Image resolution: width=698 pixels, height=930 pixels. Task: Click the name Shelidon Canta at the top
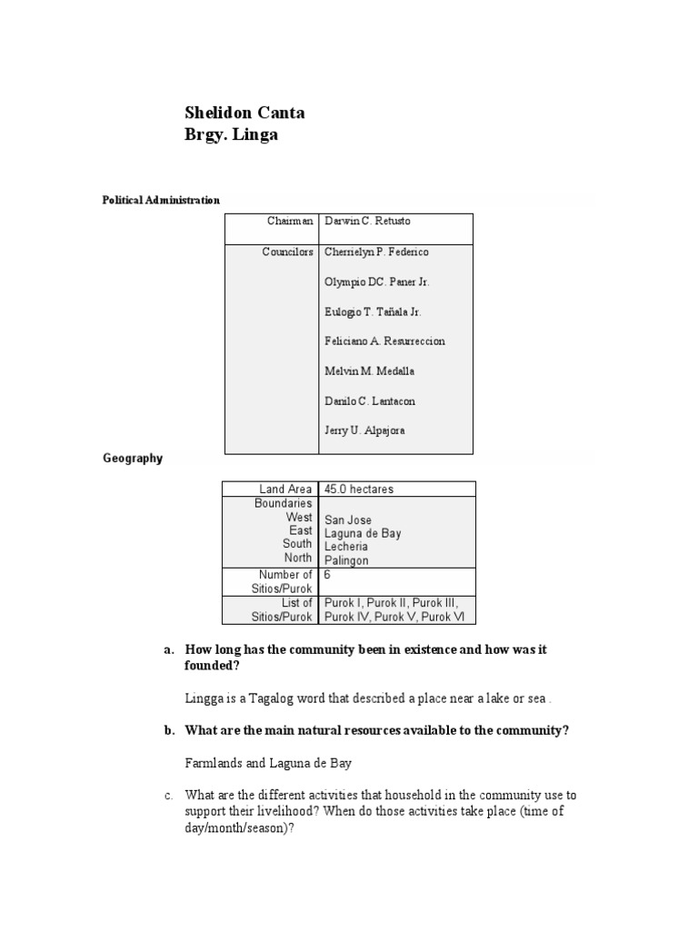tap(244, 114)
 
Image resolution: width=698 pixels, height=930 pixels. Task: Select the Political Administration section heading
tap(160, 200)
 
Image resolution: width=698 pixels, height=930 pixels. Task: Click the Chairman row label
tap(290, 221)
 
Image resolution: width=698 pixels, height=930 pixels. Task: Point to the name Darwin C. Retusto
tap(367, 221)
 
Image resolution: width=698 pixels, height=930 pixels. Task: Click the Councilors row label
tap(287, 252)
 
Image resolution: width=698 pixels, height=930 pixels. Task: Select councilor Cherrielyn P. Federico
tap(376, 252)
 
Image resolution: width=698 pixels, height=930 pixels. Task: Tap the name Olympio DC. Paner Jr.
tap(376, 282)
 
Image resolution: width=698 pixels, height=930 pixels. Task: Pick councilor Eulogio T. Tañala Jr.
tap(373, 312)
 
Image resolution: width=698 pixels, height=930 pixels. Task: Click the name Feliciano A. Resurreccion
tap(384, 341)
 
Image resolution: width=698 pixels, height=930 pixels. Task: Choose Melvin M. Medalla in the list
tap(366, 371)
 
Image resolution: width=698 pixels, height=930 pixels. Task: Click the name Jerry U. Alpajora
tap(364, 430)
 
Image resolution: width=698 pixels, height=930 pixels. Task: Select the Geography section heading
tap(133, 459)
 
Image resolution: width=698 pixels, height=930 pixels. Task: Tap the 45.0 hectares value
tap(359, 489)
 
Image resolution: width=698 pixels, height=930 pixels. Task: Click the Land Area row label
tap(285, 489)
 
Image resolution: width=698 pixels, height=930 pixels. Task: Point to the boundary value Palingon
tap(346, 560)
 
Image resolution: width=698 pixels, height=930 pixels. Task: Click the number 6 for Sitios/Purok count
tap(328, 574)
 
